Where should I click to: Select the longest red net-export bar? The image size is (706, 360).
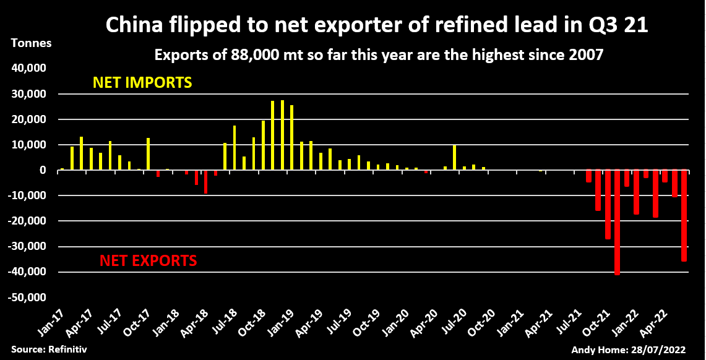(618, 222)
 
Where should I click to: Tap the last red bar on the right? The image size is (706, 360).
(684, 216)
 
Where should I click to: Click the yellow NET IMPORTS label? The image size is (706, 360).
(142, 82)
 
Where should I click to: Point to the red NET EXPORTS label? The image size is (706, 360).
(148, 260)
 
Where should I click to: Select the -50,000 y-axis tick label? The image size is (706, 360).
(28, 298)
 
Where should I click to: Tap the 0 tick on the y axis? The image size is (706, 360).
(43, 170)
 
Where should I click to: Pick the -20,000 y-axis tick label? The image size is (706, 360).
(28, 221)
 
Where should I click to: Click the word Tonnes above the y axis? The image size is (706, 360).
(32, 44)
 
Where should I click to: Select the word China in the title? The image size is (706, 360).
(129, 25)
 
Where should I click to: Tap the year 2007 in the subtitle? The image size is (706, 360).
(585, 55)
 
